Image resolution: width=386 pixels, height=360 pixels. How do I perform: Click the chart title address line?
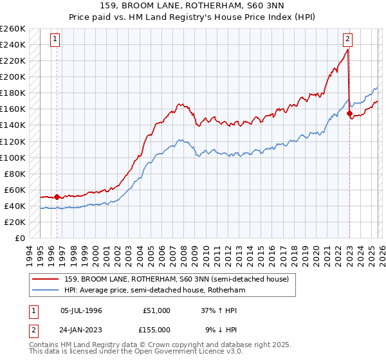click(x=193, y=6)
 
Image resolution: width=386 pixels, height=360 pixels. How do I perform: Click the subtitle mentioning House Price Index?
click(x=193, y=17)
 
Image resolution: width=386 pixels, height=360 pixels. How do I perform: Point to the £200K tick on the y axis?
click(x=13, y=76)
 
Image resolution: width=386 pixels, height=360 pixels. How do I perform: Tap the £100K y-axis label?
click(x=13, y=157)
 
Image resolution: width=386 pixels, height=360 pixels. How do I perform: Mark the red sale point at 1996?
click(x=57, y=197)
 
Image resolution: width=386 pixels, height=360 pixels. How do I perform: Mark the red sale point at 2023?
click(x=349, y=113)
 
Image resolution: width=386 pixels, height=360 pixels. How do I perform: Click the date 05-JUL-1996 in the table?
click(x=82, y=310)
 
